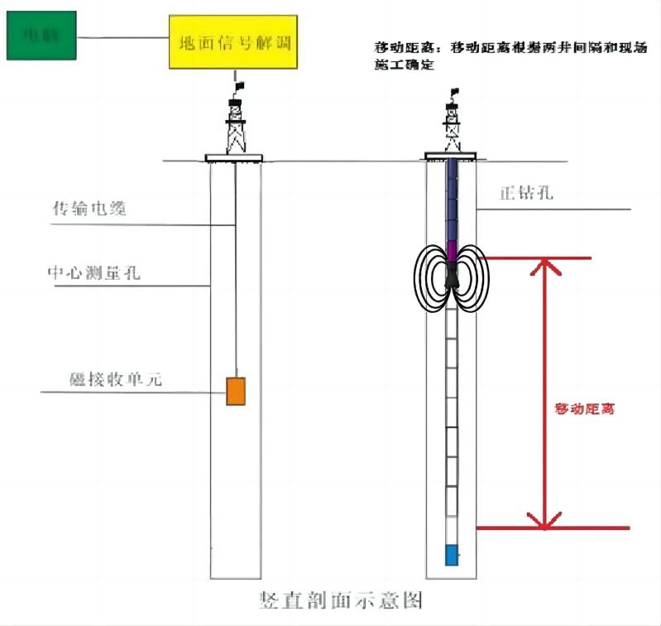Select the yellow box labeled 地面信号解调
(x=232, y=41)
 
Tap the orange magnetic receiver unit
(x=237, y=391)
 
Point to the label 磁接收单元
(x=116, y=381)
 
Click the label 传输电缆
(x=89, y=209)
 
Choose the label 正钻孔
(x=525, y=195)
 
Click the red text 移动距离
(x=585, y=409)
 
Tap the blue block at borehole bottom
(x=451, y=555)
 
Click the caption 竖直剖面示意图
(x=342, y=600)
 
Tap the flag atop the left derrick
(x=240, y=85)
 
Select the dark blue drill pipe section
(x=452, y=199)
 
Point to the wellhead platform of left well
(x=233, y=157)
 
